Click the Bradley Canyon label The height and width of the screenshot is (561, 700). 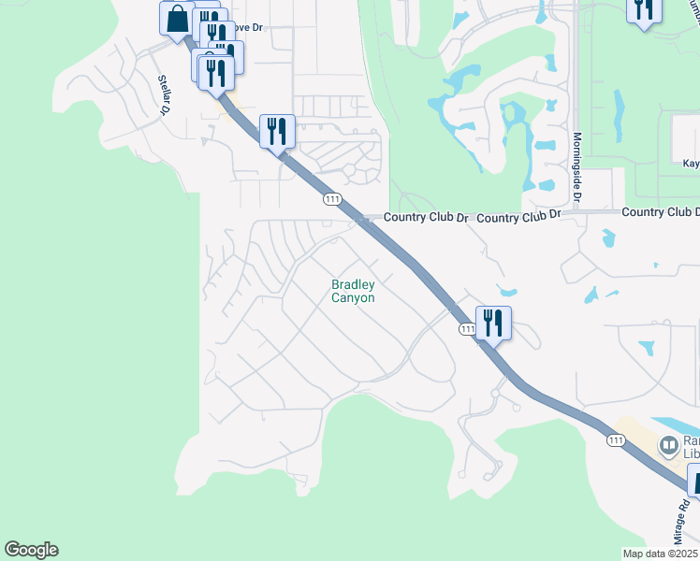click(x=353, y=292)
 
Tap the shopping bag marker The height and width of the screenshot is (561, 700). click(x=177, y=19)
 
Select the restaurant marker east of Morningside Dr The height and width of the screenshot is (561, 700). click(x=643, y=10)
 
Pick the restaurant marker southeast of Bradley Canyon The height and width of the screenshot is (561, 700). click(x=492, y=324)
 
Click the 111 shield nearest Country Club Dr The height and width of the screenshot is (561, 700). click(x=331, y=199)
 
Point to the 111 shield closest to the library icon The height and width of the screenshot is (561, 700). click(x=615, y=439)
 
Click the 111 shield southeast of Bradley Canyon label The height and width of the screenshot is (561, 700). click(x=467, y=329)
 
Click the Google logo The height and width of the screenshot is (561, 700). click(x=31, y=550)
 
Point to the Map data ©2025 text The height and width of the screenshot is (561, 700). click(x=659, y=554)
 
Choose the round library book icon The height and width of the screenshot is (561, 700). click(x=669, y=446)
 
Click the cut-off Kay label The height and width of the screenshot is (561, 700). click(x=691, y=163)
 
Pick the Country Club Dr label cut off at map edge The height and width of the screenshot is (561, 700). click(x=661, y=212)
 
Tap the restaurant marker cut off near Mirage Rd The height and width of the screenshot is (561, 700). click(x=694, y=482)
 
